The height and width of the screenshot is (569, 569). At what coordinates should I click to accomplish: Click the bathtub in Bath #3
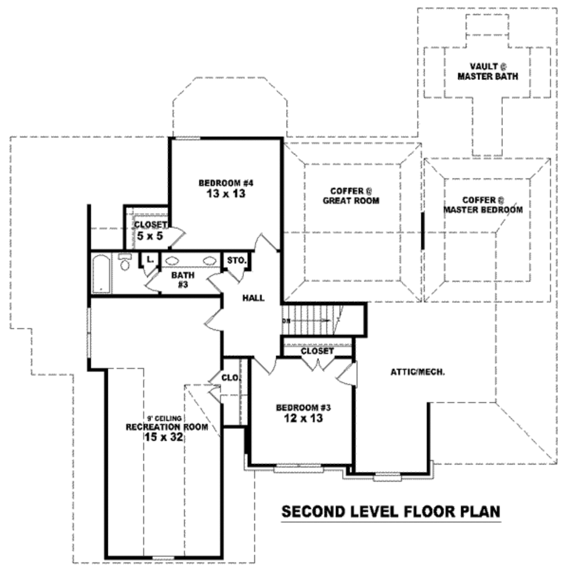point(101,274)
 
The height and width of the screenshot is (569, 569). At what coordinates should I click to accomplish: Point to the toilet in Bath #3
point(125,262)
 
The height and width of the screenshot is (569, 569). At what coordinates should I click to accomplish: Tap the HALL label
point(253,298)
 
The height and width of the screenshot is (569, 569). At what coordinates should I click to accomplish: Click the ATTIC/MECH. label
point(417,372)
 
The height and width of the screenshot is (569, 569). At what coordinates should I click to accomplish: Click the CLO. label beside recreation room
point(231,378)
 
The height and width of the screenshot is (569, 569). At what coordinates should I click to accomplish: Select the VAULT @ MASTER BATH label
point(487,71)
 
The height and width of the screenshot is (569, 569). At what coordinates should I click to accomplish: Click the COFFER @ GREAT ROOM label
point(351,195)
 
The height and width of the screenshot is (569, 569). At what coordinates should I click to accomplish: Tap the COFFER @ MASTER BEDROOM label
point(483,205)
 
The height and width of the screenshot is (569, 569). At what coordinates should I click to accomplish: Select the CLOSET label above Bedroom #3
point(317,351)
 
